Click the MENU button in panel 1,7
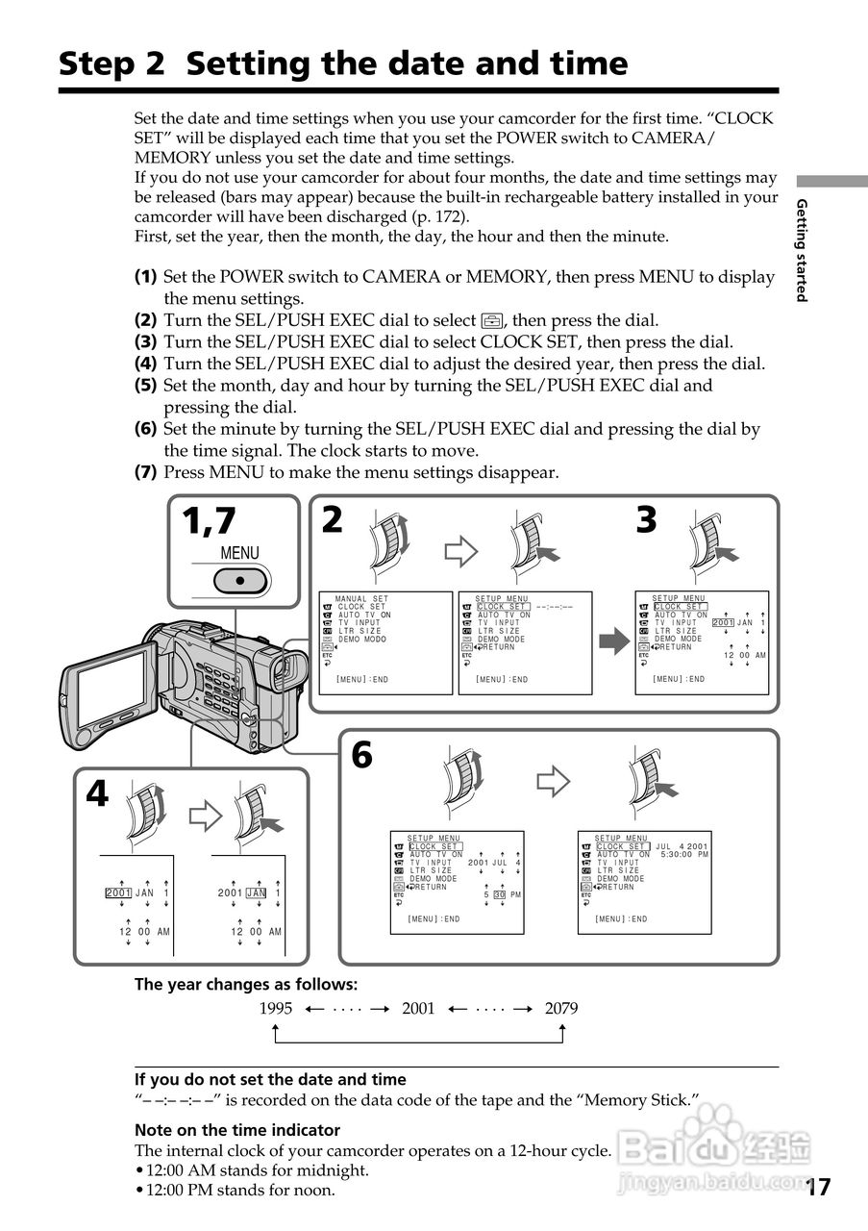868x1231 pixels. click(239, 581)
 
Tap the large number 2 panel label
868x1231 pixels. click(332, 519)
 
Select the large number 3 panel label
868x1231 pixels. click(646, 519)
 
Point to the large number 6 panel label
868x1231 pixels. click(361, 755)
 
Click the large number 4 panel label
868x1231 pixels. click(97, 794)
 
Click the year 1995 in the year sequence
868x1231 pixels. click(276, 1009)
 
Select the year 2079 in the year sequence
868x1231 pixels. click(561, 1009)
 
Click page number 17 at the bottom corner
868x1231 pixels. click(818, 1187)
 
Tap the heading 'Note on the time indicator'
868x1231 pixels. click(237, 1130)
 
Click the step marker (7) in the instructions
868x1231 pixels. click(145, 472)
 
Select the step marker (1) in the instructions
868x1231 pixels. click(145, 276)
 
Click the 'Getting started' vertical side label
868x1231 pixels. click(801, 250)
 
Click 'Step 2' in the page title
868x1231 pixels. click(112, 63)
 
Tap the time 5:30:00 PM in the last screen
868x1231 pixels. click(683, 854)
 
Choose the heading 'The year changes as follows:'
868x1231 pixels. click(245, 984)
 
